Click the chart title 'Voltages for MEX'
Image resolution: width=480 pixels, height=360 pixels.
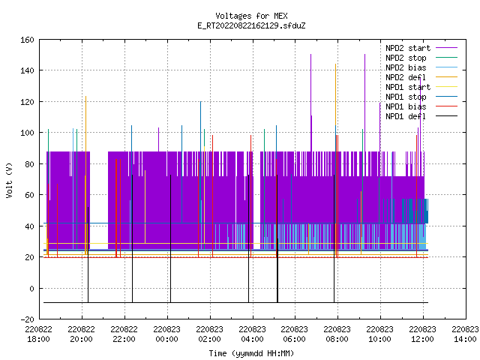(x=251, y=16)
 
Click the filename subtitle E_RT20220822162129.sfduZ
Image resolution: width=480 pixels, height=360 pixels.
(x=251, y=25)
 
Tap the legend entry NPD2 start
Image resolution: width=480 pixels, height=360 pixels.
(x=421, y=48)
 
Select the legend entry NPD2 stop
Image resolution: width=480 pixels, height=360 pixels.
(x=421, y=58)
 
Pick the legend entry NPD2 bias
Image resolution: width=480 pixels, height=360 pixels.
(x=421, y=67)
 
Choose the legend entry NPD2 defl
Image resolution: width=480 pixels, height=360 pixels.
(x=421, y=77)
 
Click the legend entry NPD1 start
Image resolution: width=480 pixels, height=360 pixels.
(x=421, y=87)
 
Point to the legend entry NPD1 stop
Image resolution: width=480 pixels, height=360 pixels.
(x=421, y=97)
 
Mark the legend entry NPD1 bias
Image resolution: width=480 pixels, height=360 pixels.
(x=421, y=106)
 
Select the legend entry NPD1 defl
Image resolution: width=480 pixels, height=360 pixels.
(x=421, y=117)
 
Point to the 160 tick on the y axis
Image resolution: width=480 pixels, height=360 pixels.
(x=27, y=40)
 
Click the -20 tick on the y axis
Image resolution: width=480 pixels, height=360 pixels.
(x=27, y=319)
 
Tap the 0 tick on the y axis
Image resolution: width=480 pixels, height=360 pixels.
(x=31, y=288)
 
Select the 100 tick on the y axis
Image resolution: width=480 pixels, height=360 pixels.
(x=27, y=133)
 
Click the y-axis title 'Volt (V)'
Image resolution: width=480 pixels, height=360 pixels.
(x=9, y=180)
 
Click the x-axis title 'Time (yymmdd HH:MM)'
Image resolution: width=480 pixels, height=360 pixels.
(x=251, y=353)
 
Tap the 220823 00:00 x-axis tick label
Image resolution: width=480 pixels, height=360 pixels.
(x=166, y=334)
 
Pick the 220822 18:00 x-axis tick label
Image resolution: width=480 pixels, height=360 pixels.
(x=39, y=334)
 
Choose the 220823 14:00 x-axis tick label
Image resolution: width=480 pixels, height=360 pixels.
(x=465, y=334)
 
